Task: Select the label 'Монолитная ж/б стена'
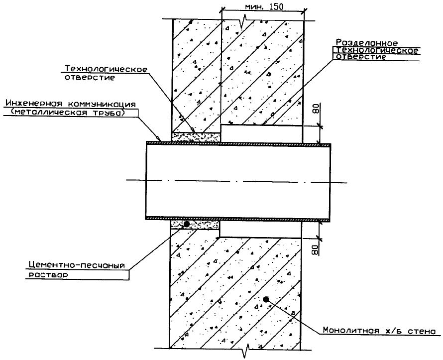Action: pyautogui.click(x=381, y=330)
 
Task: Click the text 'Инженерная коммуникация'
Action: pyautogui.click(x=70, y=104)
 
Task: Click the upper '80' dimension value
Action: pyautogui.click(x=315, y=110)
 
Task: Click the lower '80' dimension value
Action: pyautogui.click(x=315, y=247)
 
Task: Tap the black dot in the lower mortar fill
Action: pyautogui.click(x=186, y=225)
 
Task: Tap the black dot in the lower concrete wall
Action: pyautogui.click(x=266, y=299)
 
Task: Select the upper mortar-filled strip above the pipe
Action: pyautogui.click(x=196, y=136)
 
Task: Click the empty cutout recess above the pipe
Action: pyautogui.click(x=261, y=133)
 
